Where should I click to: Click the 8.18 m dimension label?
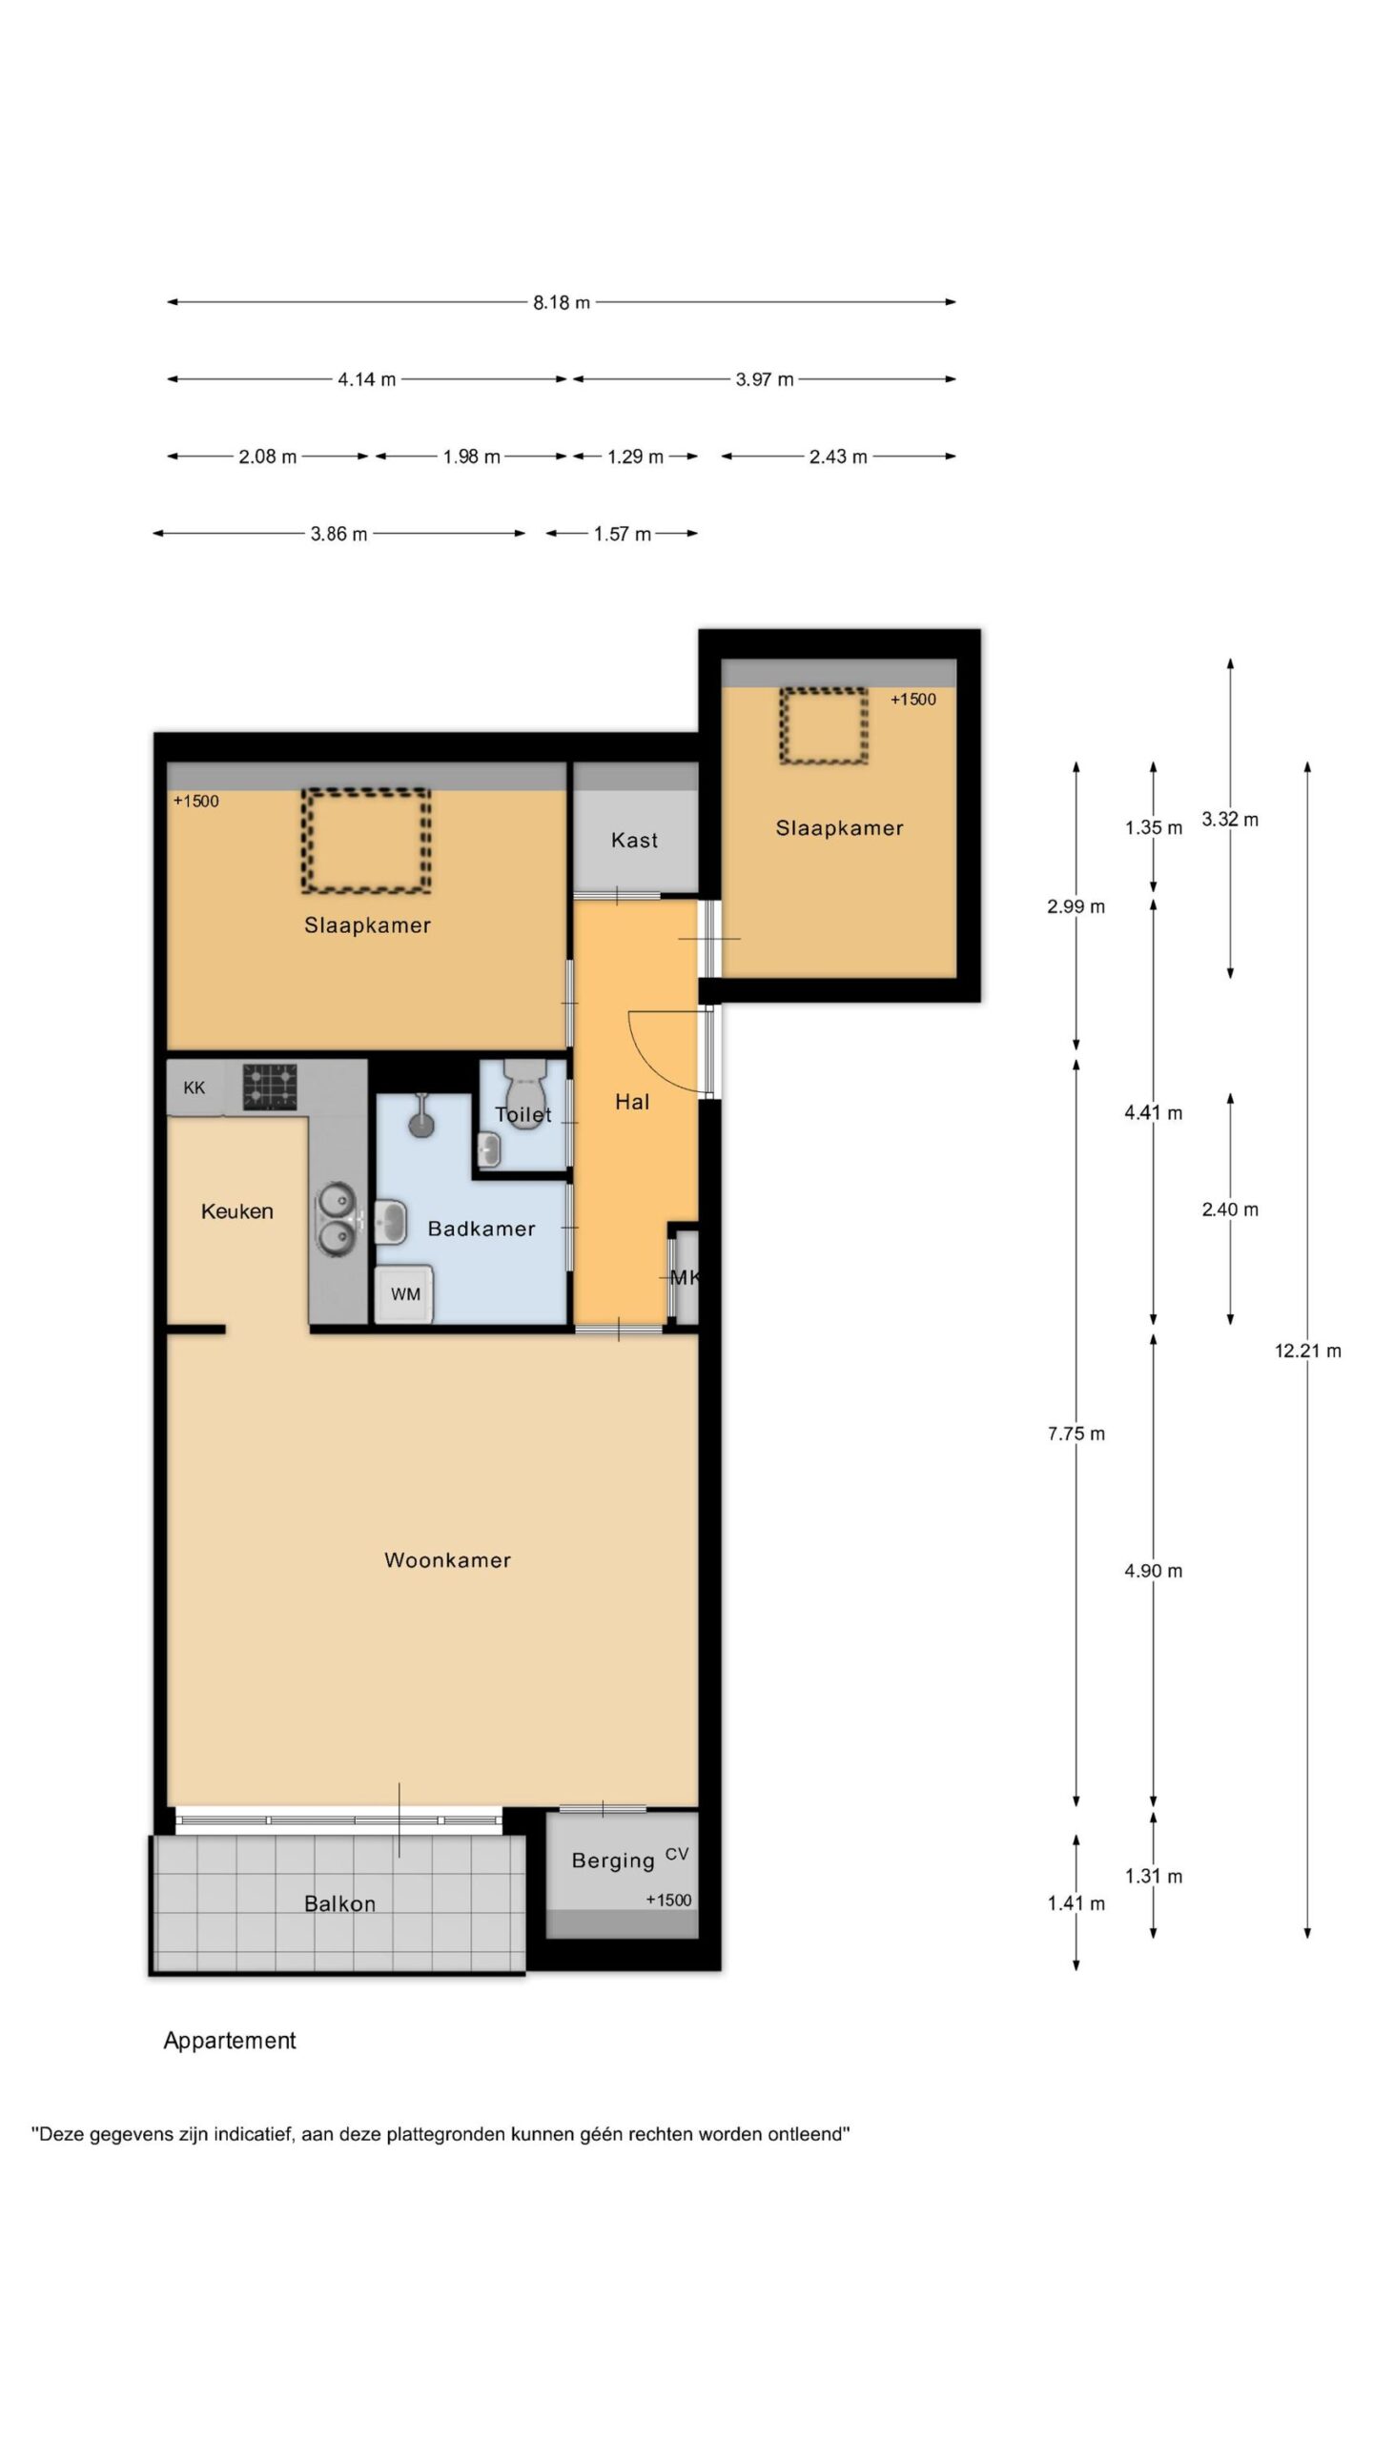point(561,302)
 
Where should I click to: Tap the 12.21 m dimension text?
point(1308,1351)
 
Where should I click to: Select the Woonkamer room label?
point(447,1560)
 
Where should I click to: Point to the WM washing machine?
point(404,1294)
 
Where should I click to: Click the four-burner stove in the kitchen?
point(269,1087)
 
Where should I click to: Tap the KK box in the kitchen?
point(195,1088)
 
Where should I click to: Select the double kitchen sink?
point(336,1219)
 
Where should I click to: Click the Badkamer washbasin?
point(391,1222)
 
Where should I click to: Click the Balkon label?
point(339,1903)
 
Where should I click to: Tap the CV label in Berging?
point(677,1854)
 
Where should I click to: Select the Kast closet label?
point(634,840)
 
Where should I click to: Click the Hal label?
point(632,1102)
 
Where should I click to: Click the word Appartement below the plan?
point(230,2041)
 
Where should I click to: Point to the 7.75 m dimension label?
point(1076,1433)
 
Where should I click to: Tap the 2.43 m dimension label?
point(838,457)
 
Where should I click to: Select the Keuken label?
point(236,1211)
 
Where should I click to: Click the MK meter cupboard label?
point(685,1277)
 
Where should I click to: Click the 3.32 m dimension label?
point(1230,819)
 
